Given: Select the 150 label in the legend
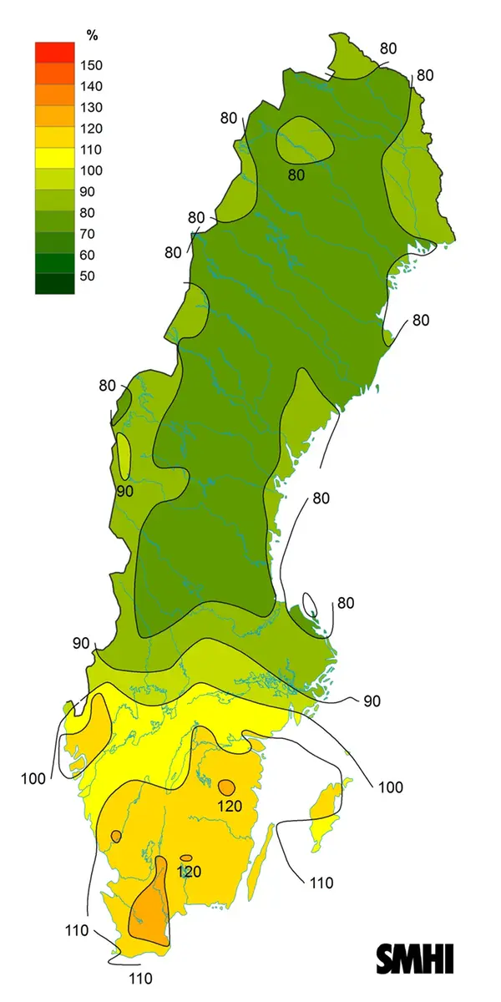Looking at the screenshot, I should [90, 65].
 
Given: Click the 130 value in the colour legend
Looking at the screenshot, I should [90, 108].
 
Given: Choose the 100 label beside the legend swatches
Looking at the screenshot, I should [90, 170].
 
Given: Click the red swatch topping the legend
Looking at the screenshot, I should [55, 52].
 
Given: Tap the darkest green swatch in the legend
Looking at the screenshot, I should [55, 284].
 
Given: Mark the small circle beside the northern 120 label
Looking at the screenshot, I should [225, 786].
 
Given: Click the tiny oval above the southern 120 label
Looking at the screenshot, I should [186, 858].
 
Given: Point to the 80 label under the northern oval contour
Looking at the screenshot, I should [296, 175].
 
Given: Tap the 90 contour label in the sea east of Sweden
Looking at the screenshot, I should [372, 701].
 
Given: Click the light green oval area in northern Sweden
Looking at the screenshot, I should [305, 139].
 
